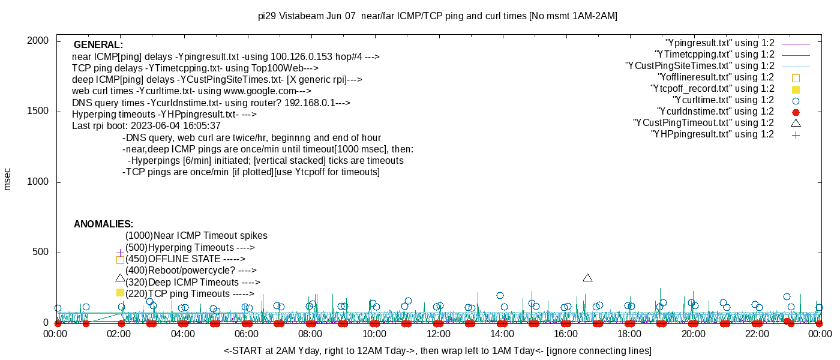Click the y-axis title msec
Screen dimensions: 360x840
(7, 179)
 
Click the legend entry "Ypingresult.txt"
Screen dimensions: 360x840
(719, 43)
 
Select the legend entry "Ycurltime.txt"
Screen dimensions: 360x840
(723, 100)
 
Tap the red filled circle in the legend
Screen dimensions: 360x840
(796, 112)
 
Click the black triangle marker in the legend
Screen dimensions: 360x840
(796, 123)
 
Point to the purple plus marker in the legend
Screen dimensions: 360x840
(796, 135)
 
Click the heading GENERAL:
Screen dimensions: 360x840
(98, 45)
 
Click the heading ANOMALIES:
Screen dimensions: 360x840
(103, 224)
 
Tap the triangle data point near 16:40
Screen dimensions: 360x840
(587, 278)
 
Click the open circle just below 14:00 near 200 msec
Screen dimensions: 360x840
(500, 295)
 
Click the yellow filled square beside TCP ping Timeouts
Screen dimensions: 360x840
(120, 292)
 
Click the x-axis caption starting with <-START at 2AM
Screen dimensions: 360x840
(437, 350)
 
